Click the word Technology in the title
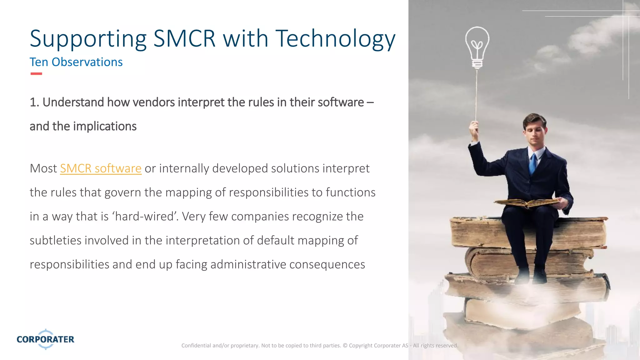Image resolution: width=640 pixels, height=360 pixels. (335, 39)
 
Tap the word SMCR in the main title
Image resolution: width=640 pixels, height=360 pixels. (184, 39)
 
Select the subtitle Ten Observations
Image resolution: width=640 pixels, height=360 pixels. (76, 62)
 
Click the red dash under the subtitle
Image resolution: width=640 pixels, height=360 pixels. (36, 74)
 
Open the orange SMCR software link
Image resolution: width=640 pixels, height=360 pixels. (101, 169)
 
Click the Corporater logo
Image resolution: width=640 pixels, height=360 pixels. (46, 339)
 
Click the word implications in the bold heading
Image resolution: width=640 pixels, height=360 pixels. (105, 127)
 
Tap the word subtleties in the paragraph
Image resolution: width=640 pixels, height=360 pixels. (55, 241)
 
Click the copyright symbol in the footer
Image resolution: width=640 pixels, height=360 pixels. (345, 346)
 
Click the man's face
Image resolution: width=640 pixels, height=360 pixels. (535, 131)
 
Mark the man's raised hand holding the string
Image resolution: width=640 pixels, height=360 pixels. (474, 128)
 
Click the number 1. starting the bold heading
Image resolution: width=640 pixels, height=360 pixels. (34, 102)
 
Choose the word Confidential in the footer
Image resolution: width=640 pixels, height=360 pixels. (196, 346)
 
